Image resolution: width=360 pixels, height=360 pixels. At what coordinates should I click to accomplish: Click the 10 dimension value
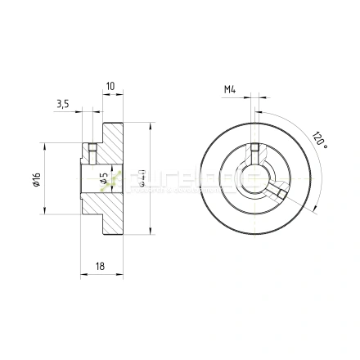(x=110, y=85)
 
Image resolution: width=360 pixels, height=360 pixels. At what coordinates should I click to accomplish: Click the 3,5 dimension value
(x=62, y=104)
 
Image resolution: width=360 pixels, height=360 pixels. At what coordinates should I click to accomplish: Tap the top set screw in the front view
(x=257, y=151)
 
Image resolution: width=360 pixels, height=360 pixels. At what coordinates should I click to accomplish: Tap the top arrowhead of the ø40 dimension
(x=152, y=124)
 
